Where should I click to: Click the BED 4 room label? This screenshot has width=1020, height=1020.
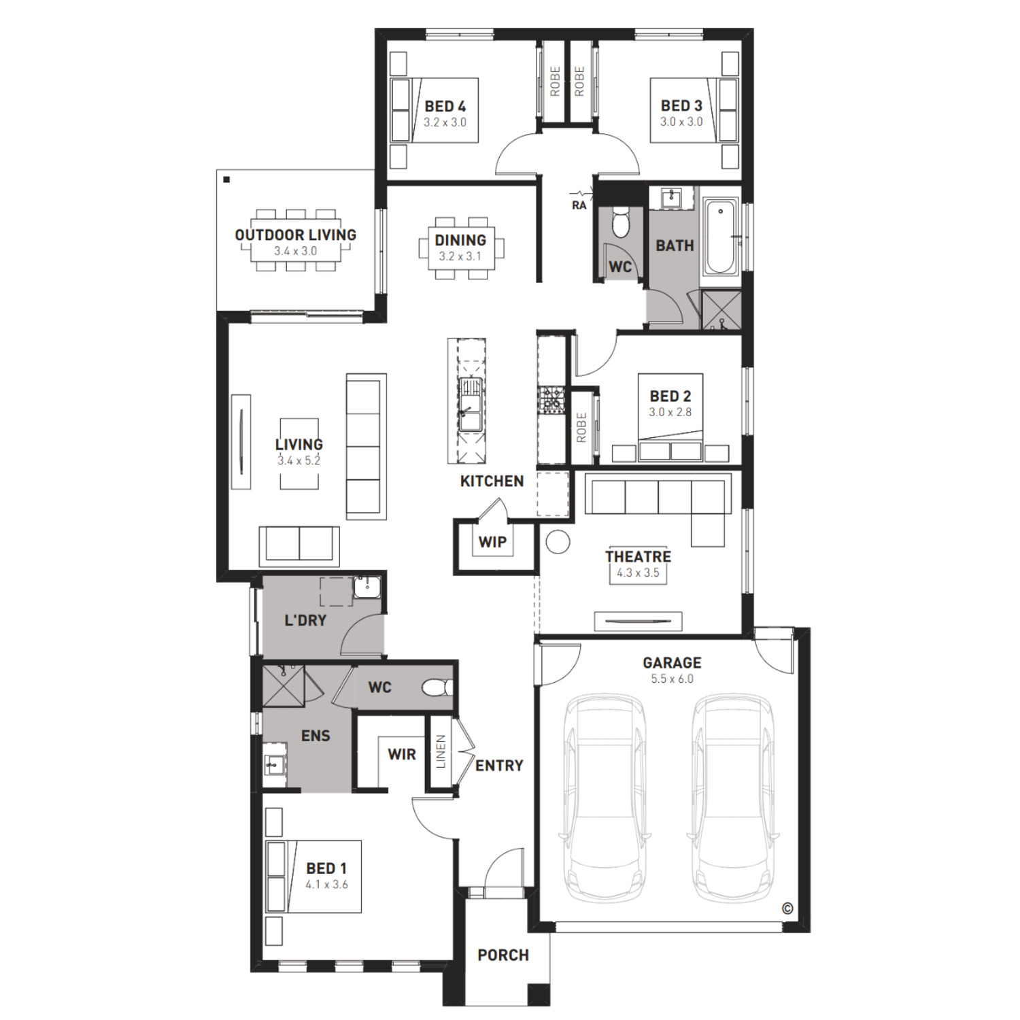445,106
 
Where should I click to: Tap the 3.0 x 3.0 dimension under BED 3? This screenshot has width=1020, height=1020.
681,122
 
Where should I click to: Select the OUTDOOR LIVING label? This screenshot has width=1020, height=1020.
296,235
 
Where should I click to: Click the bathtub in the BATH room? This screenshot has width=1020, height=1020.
720,235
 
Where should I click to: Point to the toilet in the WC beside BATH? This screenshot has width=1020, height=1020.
621,222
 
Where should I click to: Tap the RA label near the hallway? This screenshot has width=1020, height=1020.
579,205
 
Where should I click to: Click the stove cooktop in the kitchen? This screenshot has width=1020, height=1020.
551,400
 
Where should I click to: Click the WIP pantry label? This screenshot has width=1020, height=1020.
492,542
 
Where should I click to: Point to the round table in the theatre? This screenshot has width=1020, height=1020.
558,541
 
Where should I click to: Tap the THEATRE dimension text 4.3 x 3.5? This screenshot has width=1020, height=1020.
638,573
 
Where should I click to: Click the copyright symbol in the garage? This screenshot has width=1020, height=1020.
787,908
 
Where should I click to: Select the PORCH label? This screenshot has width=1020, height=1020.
503,955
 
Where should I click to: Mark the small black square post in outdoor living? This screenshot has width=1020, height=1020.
226,180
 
